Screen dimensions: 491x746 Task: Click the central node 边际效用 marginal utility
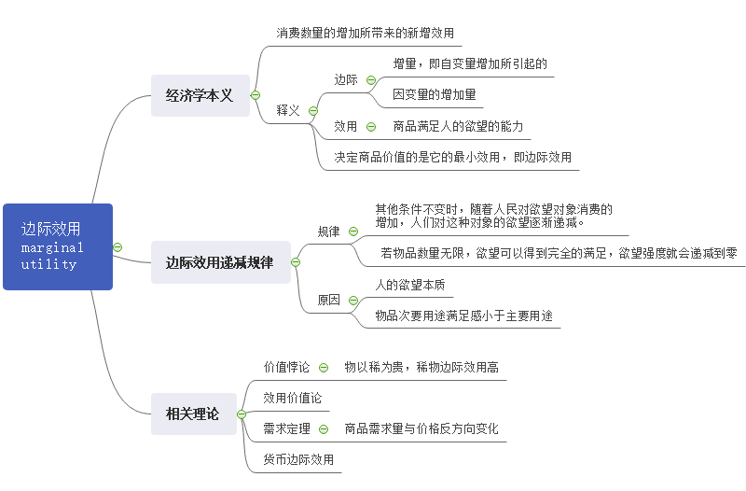pos(58,246)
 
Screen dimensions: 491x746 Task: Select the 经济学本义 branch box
pos(200,95)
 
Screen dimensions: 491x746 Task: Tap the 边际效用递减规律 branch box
pos(219,262)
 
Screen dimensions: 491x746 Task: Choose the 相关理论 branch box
pos(192,414)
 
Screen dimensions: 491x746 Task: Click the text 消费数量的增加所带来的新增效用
pos(365,33)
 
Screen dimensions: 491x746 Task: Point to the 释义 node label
pos(288,110)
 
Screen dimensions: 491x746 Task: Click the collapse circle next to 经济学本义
pos(256,95)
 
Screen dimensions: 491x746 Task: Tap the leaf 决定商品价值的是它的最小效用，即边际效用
pos(452,157)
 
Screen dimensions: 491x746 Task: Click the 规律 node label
pos(328,231)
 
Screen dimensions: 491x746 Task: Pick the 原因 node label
pos(328,300)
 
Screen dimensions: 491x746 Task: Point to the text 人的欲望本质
pos(409,284)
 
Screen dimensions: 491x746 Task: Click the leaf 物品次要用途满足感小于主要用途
pos(463,316)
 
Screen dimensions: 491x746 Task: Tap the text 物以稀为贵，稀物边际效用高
pos(421,367)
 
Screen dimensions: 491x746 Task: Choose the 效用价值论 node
pos(292,398)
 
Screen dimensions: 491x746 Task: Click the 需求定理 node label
pos(286,428)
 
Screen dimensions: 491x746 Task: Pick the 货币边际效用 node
pos(297,459)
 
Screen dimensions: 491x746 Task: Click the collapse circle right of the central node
pos(117,246)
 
